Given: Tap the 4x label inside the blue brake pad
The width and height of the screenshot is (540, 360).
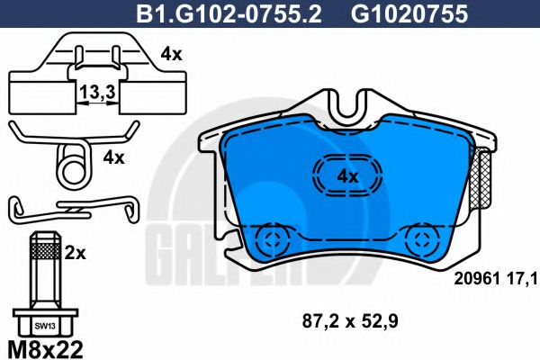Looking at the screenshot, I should (x=348, y=175).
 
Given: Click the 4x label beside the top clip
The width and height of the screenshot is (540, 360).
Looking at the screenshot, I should (x=172, y=53).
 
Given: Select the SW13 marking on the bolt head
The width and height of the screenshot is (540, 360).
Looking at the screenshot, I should (x=41, y=324).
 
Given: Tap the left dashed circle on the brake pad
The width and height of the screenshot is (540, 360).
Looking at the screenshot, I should (x=269, y=240).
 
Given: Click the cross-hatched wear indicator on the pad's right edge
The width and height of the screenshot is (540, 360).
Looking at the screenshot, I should (x=482, y=179).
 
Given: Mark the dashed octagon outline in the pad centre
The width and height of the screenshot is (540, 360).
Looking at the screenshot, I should (x=347, y=175).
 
